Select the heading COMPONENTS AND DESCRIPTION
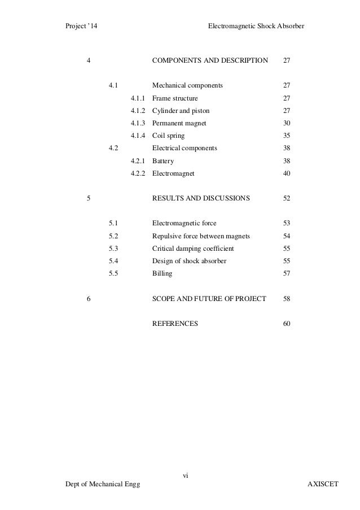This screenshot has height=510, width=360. (210, 60)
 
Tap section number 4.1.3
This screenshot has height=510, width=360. (138, 123)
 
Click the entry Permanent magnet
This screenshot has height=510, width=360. (179, 123)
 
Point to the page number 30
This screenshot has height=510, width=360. (287, 123)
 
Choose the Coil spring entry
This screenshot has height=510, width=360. (169, 136)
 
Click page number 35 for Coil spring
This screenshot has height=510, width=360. (287, 136)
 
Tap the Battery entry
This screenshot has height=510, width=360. (163, 161)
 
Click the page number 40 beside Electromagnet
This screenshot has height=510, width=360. (287, 174)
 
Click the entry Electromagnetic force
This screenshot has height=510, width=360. (185, 223)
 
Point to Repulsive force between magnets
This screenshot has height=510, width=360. (201, 236)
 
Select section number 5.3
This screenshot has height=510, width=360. (113, 249)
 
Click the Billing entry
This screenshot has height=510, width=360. (163, 273)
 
